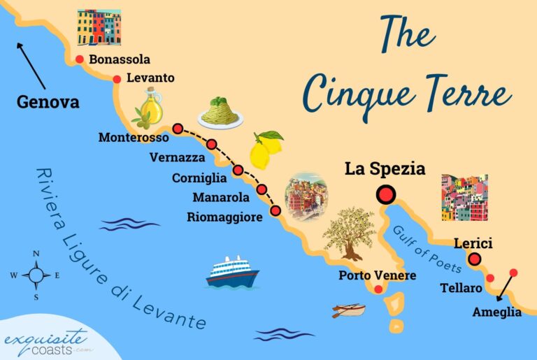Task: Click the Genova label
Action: click(48, 103)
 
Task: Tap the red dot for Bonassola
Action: click(80, 60)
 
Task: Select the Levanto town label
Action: click(151, 78)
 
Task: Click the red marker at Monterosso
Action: click(178, 129)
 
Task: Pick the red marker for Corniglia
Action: click(238, 170)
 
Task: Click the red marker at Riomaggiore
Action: click(275, 210)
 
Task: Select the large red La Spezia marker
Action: click(385, 195)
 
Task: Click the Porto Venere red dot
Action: click(379, 289)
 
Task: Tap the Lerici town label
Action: click(473, 244)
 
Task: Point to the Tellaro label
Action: click(461, 288)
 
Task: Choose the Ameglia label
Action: click(497, 312)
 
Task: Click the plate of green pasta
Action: click(220, 113)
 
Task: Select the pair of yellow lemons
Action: click(264, 147)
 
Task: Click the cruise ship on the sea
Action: click(232, 272)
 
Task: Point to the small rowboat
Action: click(349, 310)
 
